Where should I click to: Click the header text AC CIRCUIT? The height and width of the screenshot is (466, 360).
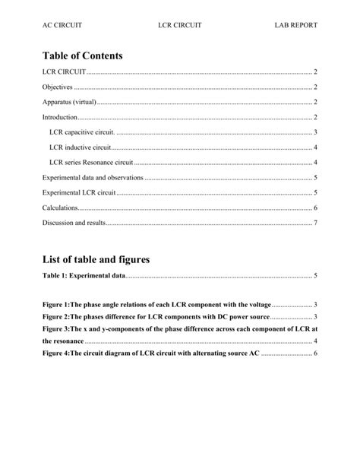coord(62,25)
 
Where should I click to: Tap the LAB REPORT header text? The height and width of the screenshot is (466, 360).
coord(295,25)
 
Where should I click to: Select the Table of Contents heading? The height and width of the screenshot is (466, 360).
coord(83,55)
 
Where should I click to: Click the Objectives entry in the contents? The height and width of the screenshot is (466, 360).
coord(58,87)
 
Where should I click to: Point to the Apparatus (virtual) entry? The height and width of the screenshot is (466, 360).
coord(70,102)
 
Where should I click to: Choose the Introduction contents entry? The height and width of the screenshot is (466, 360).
coord(60,117)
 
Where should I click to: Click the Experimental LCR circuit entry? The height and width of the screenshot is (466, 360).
coord(79,192)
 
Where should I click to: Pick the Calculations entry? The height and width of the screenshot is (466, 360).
coord(60,208)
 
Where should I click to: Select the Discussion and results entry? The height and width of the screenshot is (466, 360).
coord(74,223)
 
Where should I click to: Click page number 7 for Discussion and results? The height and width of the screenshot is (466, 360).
coord(315,223)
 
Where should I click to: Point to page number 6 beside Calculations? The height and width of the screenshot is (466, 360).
coord(315,208)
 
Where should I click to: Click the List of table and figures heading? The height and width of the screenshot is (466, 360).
coord(96,259)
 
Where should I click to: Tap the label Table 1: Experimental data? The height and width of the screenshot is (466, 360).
coord(84,276)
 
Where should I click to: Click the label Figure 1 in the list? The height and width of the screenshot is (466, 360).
coord(57,304)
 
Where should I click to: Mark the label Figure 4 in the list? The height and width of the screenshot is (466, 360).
coord(57,354)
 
